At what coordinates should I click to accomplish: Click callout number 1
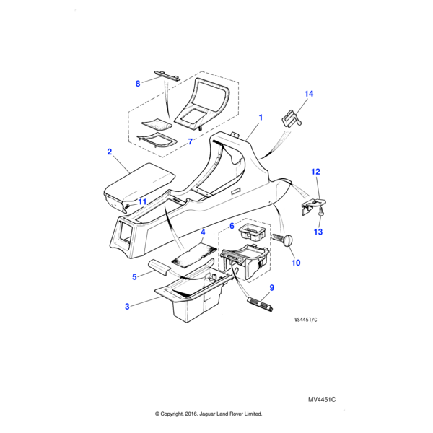click(260, 116)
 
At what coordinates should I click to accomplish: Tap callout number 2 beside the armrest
click(109, 152)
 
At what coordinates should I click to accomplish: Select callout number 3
click(127, 307)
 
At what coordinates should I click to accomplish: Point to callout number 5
click(134, 276)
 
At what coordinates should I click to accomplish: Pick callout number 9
click(271, 287)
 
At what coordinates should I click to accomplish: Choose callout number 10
click(295, 263)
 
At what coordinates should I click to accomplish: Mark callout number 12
click(315, 172)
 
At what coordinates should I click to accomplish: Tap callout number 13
click(318, 232)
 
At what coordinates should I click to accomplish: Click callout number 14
click(309, 94)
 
